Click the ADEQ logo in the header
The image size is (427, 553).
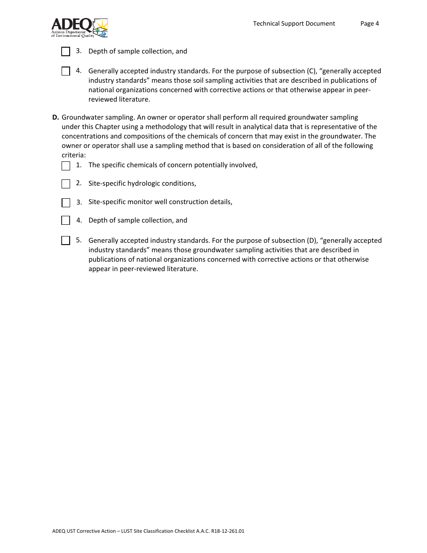[x=79, y=27]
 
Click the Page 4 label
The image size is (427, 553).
[x=369, y=23]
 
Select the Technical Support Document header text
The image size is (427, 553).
[x=294, y=23]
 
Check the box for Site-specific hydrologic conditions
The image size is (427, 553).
[x=66, y=184]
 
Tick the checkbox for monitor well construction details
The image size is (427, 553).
[x=66, y=203]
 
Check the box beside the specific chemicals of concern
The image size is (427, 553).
[x=66, y=166]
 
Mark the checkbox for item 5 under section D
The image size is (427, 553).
[x=66, y=241]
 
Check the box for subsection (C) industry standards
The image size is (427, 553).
[x=66, y=71]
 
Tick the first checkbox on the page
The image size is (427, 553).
[x=66, y=52]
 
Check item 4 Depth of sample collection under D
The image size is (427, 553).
[x=66, y=220]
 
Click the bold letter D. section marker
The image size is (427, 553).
[x=55, y=117]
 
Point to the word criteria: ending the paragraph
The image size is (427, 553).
[x=73, y=155]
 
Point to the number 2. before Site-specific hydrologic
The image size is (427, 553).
[x=79, y=183]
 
